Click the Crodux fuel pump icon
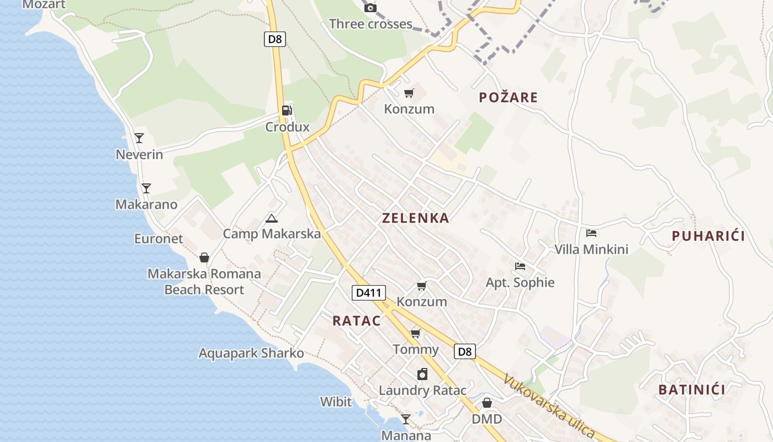point(287,110)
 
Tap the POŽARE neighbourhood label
point(508,98)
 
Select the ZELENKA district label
point(415,218)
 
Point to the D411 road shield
point(369,292)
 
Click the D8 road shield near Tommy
point(465,351)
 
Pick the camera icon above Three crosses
point(370,8)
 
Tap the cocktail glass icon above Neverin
point(139,138)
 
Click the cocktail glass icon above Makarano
point(146,188)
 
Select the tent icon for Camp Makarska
point(271,218)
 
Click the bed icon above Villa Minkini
point(591,233)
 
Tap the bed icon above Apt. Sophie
point(520,266)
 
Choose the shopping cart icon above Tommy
point(416,333)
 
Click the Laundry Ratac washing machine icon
point(422,374)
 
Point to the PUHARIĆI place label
point(708,236)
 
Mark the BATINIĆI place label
point(691,390)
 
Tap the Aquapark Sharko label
point(251,353)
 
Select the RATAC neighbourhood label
point(357,321)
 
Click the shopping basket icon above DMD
point(486,403)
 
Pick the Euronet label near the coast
point(158,239)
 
